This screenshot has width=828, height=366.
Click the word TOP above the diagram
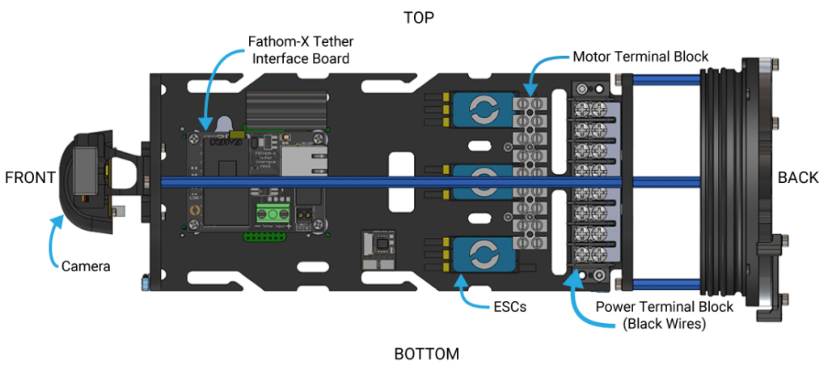point(419,18)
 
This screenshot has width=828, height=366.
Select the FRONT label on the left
point(30,178)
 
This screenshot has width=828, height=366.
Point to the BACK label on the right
point(798,178)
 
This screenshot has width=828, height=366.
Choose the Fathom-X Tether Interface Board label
point(299,49)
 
